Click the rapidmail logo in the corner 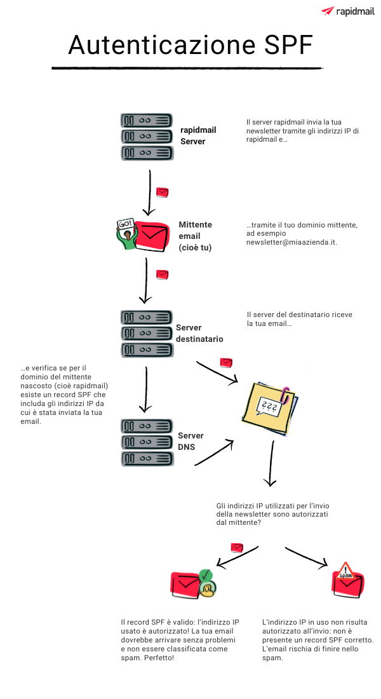click(x=347, y=11)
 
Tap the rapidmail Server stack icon click(x=146, y=136)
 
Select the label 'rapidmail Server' click(x=198, y=135)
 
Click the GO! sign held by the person click(x=126, y=224)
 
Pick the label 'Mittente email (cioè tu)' click(x=196, y=236)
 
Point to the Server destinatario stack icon click(x=146, y=333)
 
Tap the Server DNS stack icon click(x=146, y=442)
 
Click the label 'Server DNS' click(x=190, y=441)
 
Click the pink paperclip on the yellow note click(x=286, y=394)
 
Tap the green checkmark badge click(x=206, y=576)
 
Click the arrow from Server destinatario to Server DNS click(x=146, y=388)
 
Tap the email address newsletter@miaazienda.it click(x=291, y=243)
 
